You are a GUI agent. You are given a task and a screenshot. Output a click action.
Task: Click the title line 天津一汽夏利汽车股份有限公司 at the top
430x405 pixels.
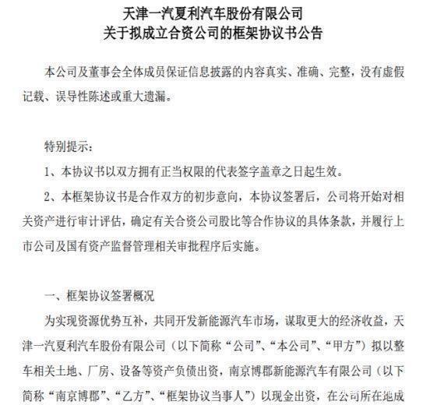[214, 13]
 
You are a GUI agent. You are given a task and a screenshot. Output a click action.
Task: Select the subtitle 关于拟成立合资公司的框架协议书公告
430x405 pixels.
[214, 33]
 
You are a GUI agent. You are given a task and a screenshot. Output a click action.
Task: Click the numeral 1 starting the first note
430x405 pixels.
[49, 172]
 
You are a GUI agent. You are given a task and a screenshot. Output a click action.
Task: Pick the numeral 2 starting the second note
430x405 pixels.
[49, 197]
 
